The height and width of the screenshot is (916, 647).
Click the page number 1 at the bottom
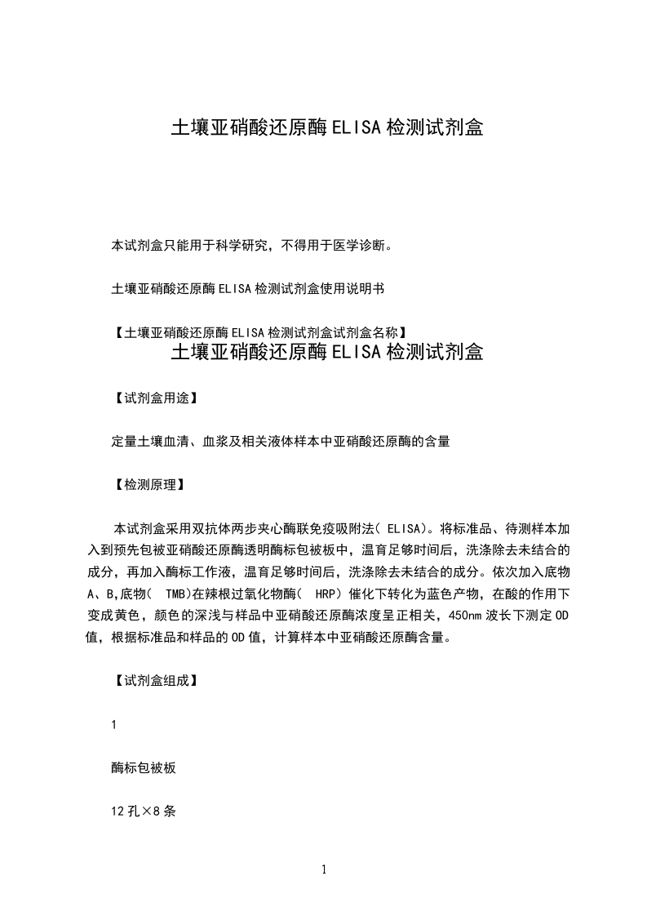pyautogui.click(x=324, y=869)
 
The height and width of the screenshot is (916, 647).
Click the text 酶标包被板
pyautogui.click(x=144, y=768)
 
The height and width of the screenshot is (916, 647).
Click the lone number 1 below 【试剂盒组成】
pyautogui.click(x=114, y=725)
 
